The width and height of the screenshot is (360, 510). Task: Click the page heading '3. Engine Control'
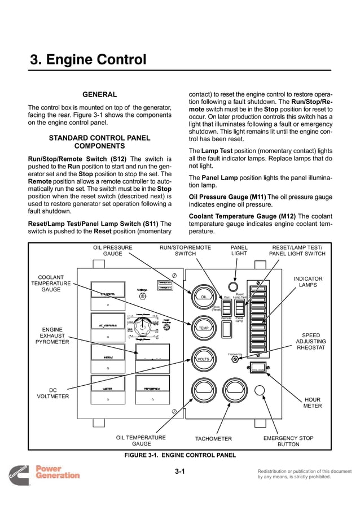click(x=88, y=60)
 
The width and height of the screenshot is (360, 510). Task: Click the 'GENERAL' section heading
click(x=100, y=95)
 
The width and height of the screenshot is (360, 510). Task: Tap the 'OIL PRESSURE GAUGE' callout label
click(x=112, y=251)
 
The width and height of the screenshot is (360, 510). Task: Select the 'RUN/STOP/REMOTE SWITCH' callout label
click(x=185, y=251)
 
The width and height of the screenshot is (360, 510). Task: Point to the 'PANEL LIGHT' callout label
click(x=239, y=251)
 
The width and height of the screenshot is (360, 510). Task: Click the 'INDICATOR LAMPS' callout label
click(x=308, y=282)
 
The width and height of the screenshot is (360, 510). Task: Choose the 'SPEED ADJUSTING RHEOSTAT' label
click(x=311, y=342)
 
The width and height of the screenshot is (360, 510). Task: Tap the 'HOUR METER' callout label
click(x=313, y=402)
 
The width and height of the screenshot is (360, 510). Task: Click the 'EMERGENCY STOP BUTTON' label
click(x=288, y=441)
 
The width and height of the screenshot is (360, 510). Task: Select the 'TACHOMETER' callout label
click(x=213, y=439)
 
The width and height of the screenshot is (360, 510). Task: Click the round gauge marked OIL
click(x=204, y=296)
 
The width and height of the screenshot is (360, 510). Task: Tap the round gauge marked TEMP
click(x=203, y=328)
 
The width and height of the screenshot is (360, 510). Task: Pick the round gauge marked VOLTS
click(x=203, y=359)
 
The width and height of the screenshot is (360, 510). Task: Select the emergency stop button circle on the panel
click(x=260, y=390)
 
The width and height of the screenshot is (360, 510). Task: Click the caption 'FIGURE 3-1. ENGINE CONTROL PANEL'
click(x=180, y=455)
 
